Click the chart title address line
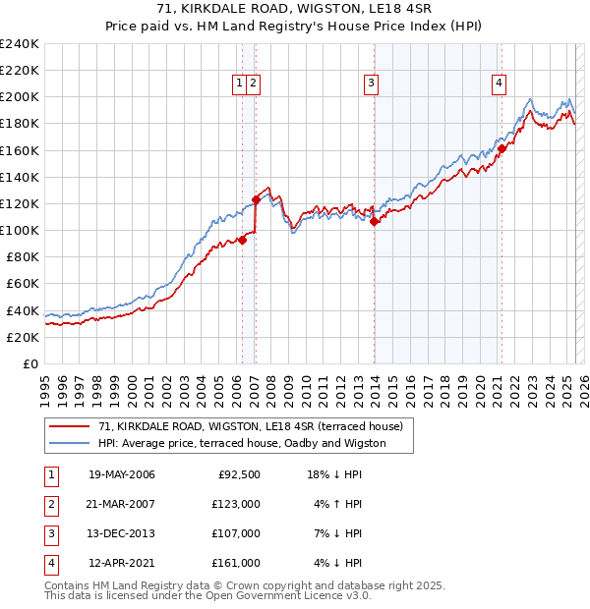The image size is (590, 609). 295,8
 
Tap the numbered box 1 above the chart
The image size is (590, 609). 240,83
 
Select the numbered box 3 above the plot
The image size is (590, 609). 372,83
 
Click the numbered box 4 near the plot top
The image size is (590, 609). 500,83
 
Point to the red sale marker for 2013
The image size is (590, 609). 375,221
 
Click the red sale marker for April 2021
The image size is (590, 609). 501,149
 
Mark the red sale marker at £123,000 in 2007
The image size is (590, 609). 256,199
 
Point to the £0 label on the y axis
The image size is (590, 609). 29,363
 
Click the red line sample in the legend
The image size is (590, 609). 69,426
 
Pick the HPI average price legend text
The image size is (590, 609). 242,443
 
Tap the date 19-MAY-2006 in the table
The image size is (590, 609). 121,475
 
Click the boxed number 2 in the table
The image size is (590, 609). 50,505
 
